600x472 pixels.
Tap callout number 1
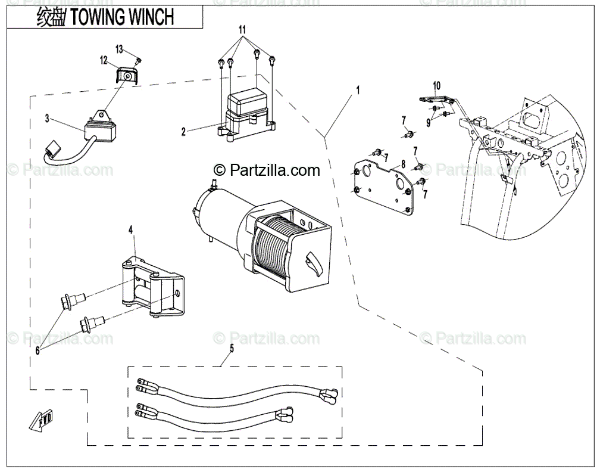[358, 90]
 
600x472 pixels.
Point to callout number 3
[47, 119]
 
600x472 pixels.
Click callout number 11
[242, 29]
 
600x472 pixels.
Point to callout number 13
[119, 48]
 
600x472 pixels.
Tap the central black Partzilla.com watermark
[267, 170]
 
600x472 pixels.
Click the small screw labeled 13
[137, 60]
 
